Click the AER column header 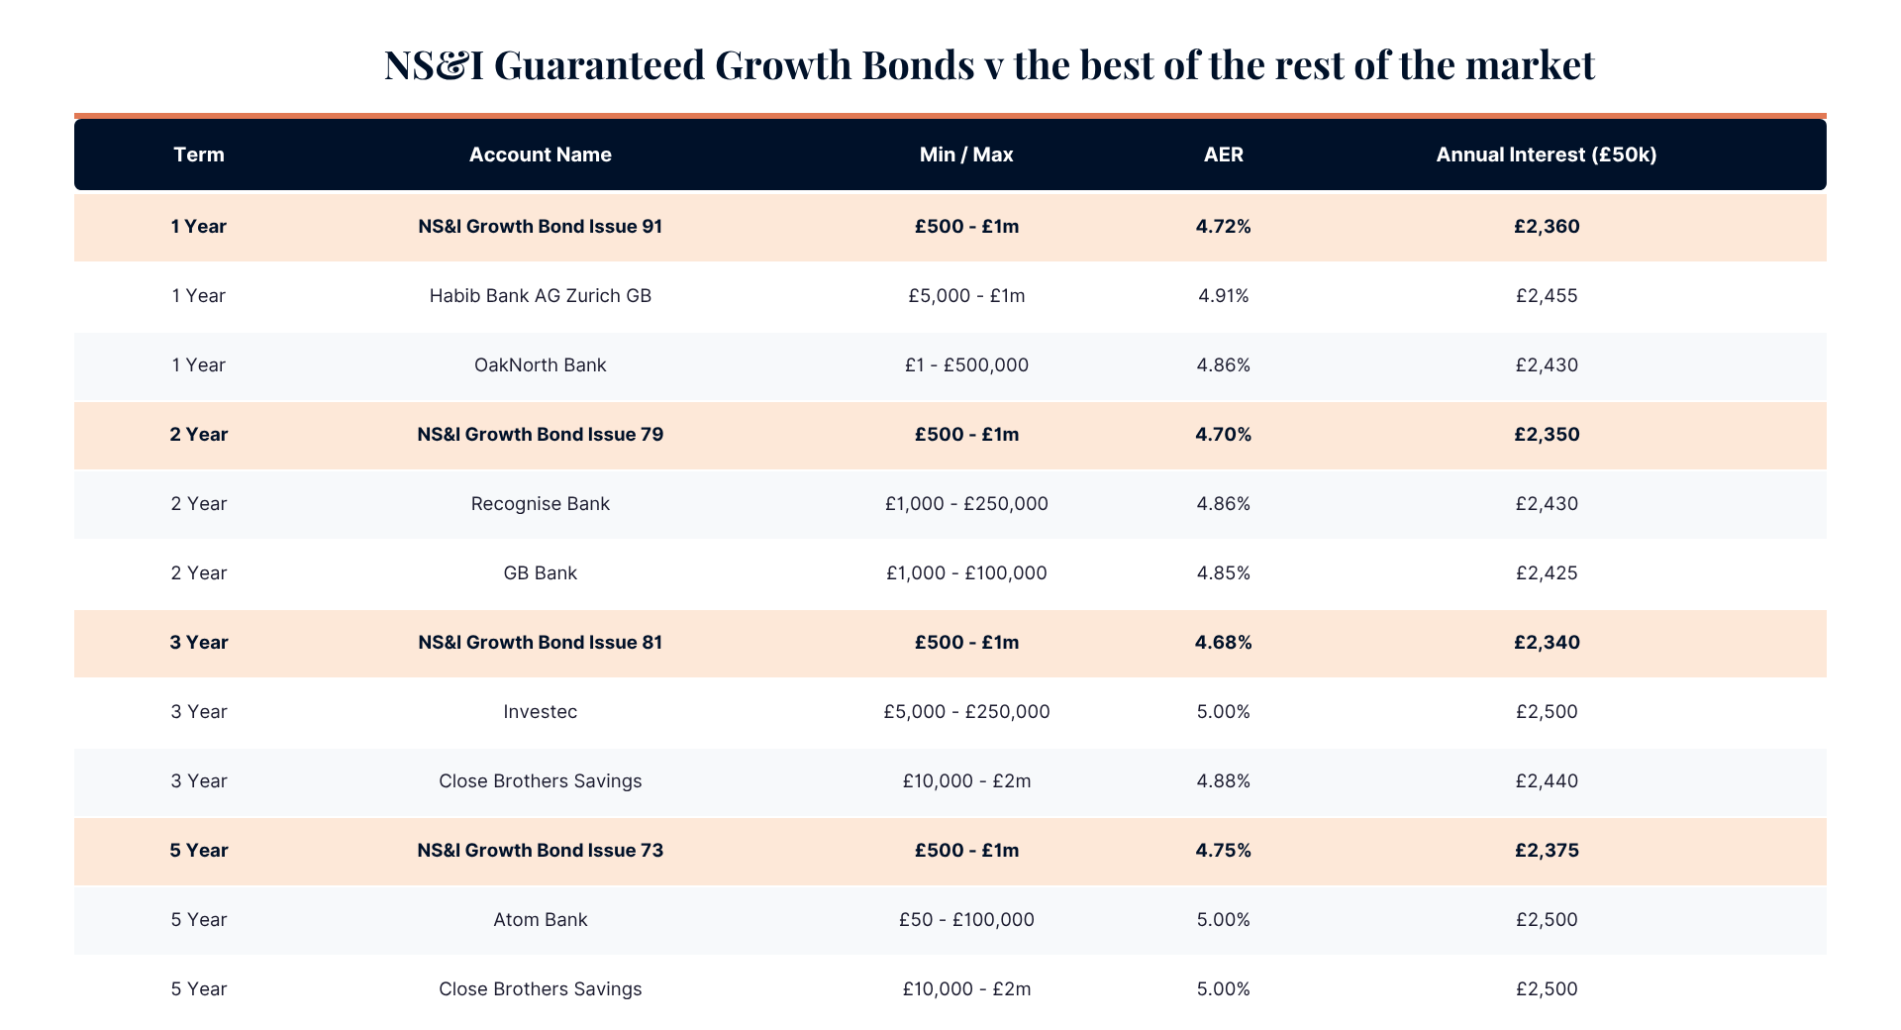pos(1223,154)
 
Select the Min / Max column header pos(966,154)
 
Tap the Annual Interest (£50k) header pos(1547,154)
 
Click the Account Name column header pos(540,154)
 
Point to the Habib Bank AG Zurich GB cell pos(540,295)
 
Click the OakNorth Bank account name pos(540,364)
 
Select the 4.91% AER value pos(1223,295)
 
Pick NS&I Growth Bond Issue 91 pos(540,226)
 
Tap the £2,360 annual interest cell pos(1547,226)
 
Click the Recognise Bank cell pos(540,503)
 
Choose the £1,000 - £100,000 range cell pos(966,572)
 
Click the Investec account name pos(540,711)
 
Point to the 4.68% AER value pos(1223,642)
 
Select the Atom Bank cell pos(540,919)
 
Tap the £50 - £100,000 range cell pos(966,919)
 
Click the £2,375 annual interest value pos(1547,850)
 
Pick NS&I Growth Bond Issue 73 pos(540,850)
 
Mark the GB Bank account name pos(540,572)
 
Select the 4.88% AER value pos(1223,780)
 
